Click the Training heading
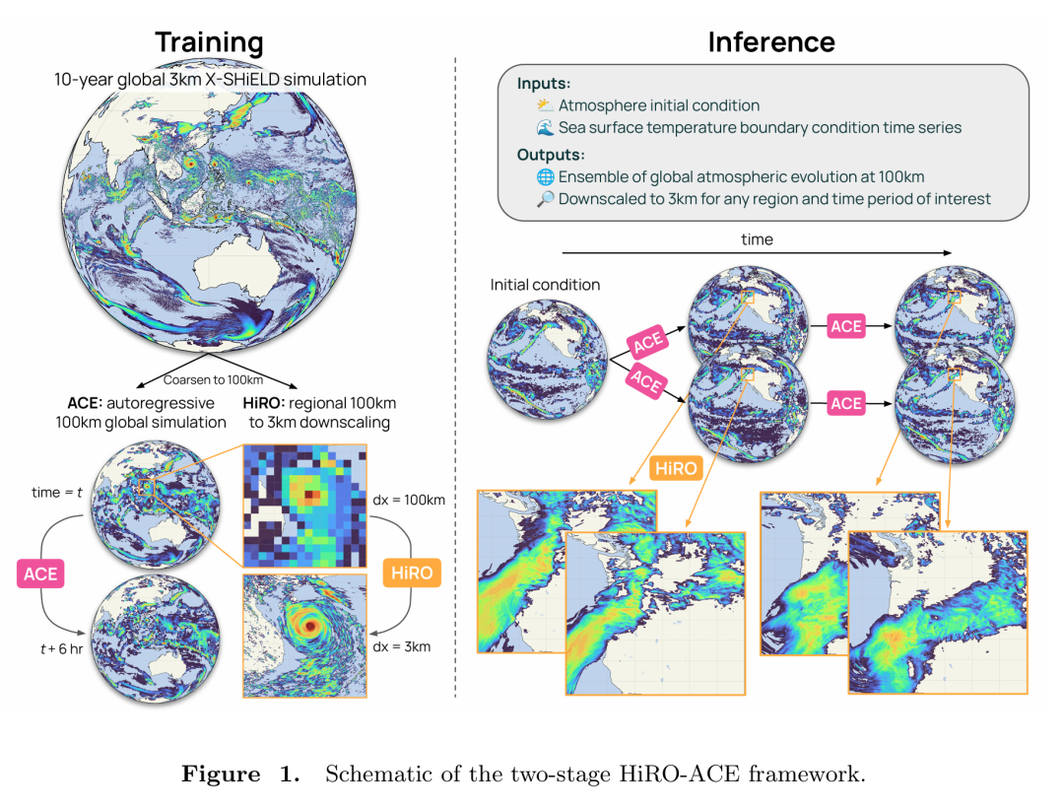click(x=209, y=42)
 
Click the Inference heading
click(x=771, y=42)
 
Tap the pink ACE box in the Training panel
click(x=40, y=574)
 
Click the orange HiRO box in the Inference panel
click(x=677, y=466)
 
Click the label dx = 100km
click(x=411, y=500)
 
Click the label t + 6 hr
click(x=55, y=649)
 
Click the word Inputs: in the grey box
click(x=543, y=84)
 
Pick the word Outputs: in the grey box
click(x=550, y=155)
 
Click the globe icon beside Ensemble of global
click(x=545, y=177)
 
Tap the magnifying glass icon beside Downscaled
click(x=545, y=199)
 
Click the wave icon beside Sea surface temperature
click(x=545, y=128)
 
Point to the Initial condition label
click(x=545, y=285)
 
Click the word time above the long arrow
click(x=757, y=239)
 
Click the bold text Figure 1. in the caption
click(x=240, y=774)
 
